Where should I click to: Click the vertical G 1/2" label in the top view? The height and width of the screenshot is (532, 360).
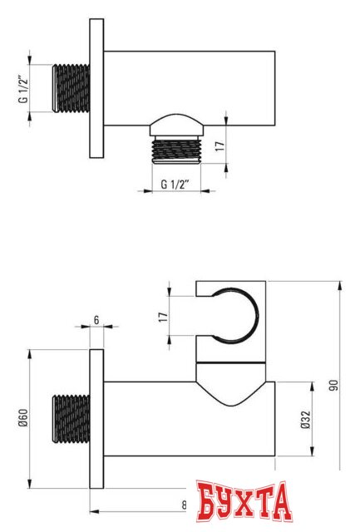click(23, 89)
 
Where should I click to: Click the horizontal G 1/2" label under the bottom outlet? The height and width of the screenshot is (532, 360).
click(175, 185)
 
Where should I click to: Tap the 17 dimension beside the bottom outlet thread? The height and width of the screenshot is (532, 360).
click(220, 146)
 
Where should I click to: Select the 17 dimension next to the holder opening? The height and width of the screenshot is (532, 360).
click(164, 317)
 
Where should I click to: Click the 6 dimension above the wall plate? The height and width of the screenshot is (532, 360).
click(96, 320)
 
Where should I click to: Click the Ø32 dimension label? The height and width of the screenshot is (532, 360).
click(306, 419)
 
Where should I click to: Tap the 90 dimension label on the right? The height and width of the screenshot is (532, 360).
click(334, 386)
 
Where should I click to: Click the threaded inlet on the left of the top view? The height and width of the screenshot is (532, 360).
click(71, 88)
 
